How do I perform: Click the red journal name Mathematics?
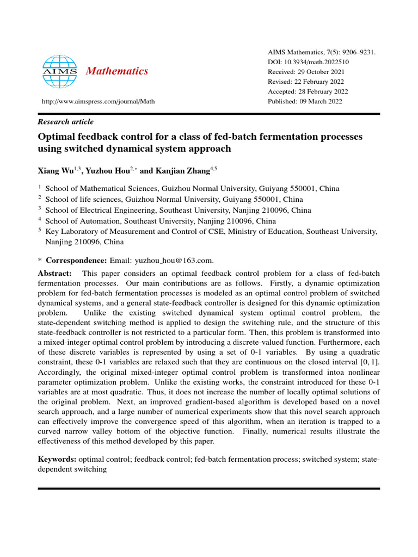[x=118, y=71]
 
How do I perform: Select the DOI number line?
[x=308, y=62]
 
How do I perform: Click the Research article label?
[x=65, y=122]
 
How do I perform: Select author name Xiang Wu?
[x=57, y=171]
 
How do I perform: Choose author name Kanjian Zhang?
[x=180, y=171]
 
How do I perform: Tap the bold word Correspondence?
[x=76, y=261]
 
